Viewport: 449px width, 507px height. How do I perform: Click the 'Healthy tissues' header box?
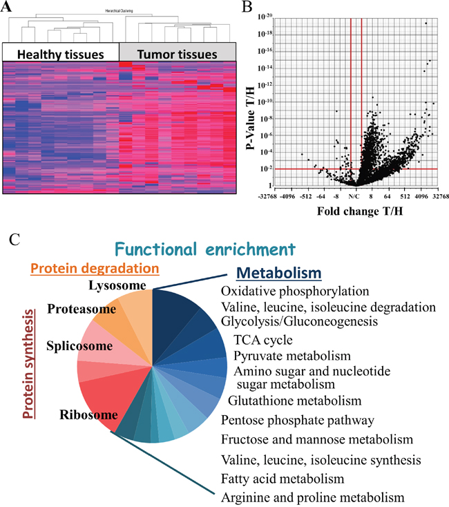click(x=61, y=53)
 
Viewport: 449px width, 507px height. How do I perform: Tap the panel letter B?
click(x=245, y=7)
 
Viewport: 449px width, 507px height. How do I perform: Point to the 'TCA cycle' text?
click(x=263, y=339)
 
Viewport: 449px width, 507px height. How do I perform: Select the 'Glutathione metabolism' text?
click(x=295, y=401)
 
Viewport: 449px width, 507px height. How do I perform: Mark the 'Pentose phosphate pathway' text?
click(x=297, y=420)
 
